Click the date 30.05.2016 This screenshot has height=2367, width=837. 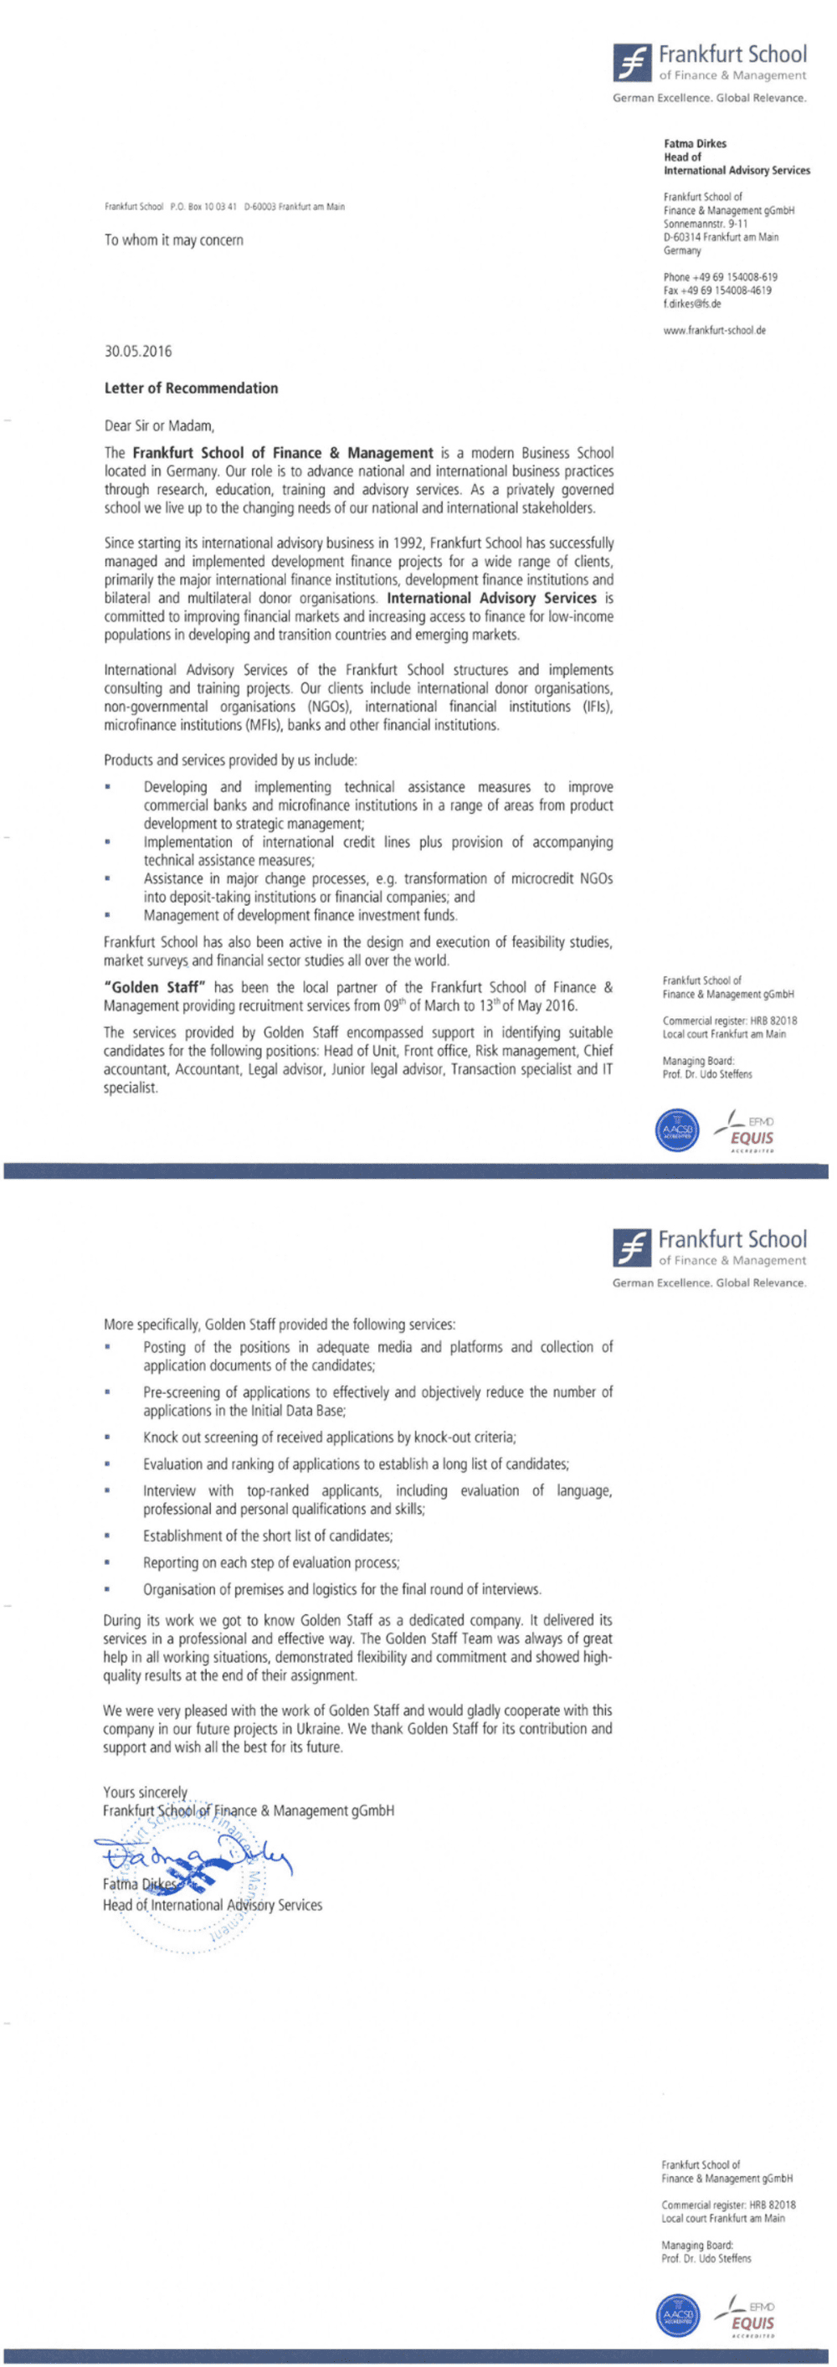pyautogui.click(x=138, y=351)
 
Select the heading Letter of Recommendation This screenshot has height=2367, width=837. pyautogui.click(x=191, y=388)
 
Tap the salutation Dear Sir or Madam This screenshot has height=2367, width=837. pyautogui.click(x=159, y=425)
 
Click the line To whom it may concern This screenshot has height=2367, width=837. pyautogui.click(x=173, y=239)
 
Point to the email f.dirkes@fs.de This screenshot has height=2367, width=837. pyautogui.click(x=692, y=304)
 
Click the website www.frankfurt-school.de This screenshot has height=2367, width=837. pyautogui.click(x=714, y=330)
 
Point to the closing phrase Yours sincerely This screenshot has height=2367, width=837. pyautogui.click(x=145, y=1792)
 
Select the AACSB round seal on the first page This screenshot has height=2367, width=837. pyautogui.click(x=676, y=1130)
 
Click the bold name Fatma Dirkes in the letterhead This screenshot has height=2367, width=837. pyautogui.click(x=695, y=143)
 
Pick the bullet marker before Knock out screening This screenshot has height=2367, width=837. pyautogui.click(x=107, y=1437)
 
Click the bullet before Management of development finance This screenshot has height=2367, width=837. pyautogui.click(x=107, y=915)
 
